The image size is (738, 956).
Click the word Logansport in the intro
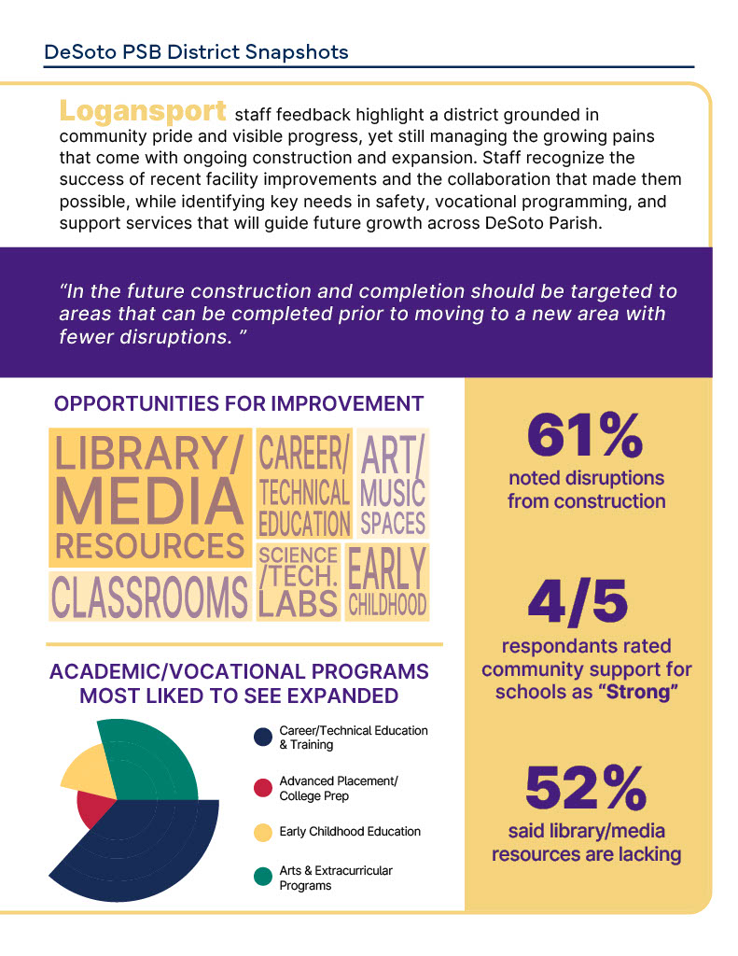[143, 111]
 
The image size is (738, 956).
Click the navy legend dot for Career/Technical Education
[263, 738]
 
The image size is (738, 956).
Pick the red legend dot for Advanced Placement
[263, 787]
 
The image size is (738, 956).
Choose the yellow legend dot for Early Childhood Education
[263, 832]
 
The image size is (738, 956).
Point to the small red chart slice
[93, 808]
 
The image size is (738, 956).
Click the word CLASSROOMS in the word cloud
[149, 597]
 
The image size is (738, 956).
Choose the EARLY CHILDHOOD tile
[387, 582]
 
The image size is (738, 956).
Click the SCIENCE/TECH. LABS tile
[299, 582]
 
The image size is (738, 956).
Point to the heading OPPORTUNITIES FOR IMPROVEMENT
[239, 404]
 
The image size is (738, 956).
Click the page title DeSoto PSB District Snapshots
[196, 52]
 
